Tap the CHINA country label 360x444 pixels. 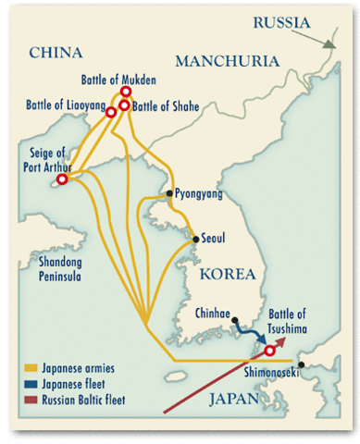pyautogui.click(x=58, y=53)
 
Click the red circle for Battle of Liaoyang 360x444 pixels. pyautogui.click(x=111, y=112)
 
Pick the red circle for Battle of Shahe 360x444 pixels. pyautogui.click(x=124, y=105)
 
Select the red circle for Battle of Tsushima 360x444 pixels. pyautogui.click(x=269, y=351)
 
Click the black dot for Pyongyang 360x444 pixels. pyautogui.click(x=169, y=194)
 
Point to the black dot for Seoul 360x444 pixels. pyautogui.click(x=195, y=239)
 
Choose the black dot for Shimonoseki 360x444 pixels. pyautogui.click(x=302, y=364)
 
